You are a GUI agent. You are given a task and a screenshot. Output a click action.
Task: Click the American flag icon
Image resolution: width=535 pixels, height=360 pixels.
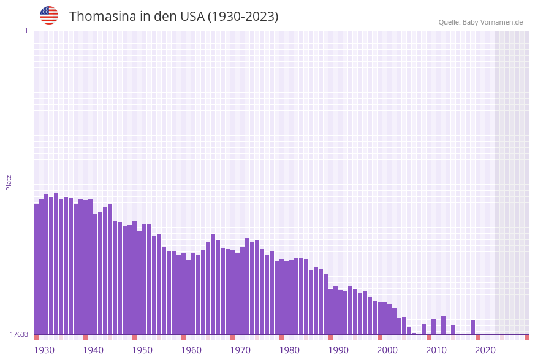49,15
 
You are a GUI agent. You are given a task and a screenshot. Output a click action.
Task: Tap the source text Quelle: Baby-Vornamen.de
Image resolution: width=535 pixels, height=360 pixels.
480,22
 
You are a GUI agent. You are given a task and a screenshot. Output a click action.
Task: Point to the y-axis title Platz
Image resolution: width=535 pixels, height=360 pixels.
9,182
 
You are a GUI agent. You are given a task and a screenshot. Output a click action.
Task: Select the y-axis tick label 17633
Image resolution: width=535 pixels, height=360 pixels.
19,334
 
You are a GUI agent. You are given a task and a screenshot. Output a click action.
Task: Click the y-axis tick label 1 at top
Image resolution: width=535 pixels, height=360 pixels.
26,31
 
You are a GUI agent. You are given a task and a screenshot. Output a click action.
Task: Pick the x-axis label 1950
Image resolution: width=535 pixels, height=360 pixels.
142,350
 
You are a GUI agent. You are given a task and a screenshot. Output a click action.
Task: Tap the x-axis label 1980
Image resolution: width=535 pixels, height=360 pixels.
289,350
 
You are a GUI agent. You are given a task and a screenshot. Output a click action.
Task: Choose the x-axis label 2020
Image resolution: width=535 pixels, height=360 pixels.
485,350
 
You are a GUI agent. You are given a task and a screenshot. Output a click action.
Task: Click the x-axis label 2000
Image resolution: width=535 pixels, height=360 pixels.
387,350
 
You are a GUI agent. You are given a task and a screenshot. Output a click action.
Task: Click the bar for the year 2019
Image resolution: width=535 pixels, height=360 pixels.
472,327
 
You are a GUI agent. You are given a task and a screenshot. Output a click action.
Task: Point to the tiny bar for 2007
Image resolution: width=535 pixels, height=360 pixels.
414,334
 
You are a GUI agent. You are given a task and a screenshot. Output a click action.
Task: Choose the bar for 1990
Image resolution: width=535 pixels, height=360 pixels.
330,312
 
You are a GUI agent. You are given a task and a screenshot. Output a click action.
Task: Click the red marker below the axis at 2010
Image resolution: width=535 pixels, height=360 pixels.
428,337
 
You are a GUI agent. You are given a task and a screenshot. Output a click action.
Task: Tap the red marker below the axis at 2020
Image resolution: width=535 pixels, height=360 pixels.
477,337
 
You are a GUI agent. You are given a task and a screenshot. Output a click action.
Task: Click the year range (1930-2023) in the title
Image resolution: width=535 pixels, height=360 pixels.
243,17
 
